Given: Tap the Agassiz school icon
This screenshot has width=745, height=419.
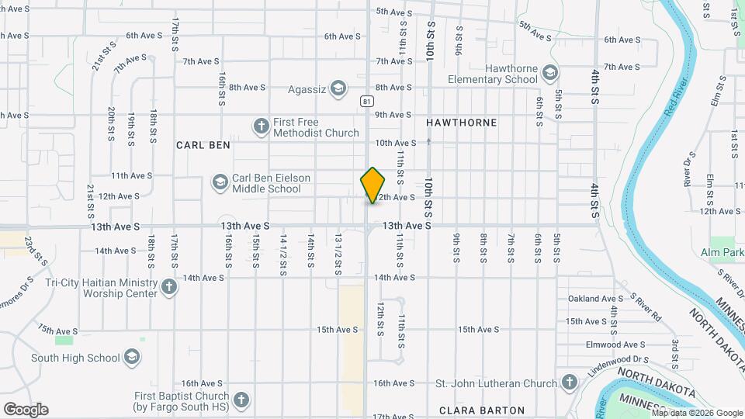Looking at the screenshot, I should [x=338, y=88].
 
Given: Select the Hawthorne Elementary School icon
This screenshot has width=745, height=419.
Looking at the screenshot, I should [x=550, y=74].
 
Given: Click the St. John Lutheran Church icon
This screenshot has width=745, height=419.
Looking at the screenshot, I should [x=569, y=383].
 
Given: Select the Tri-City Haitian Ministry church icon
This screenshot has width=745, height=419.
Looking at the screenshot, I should [x=169, y=288].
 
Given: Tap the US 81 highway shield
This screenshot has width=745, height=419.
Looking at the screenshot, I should [x=366, y=102].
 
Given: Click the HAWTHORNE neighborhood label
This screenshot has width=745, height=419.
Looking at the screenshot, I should [x=461, y=123].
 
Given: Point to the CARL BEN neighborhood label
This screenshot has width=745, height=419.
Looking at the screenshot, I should [x=203, y=144].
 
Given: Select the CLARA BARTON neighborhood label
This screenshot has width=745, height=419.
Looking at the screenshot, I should [x=481, y=410].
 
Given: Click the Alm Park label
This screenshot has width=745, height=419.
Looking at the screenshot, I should [x=722, y=252].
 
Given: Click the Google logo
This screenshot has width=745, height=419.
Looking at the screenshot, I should [x=26, y=409].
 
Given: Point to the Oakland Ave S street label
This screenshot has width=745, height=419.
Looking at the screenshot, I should [x=595, y=299].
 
